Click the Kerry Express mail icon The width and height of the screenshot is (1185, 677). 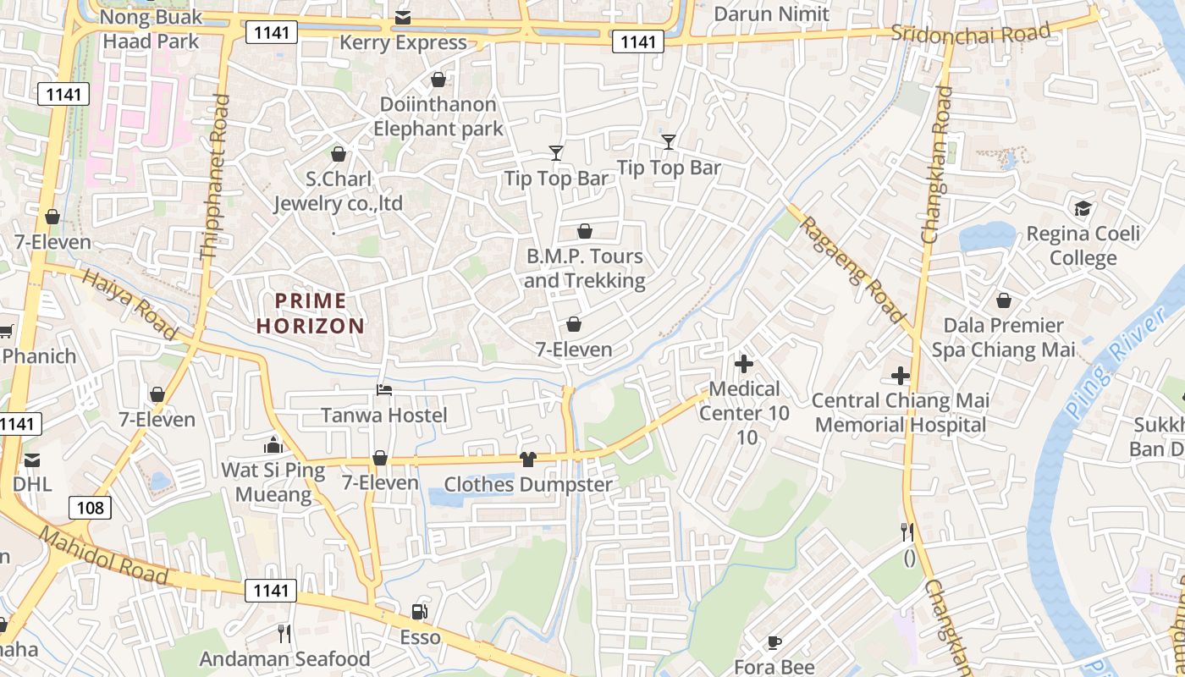pyautogui.click(x=403, y=18)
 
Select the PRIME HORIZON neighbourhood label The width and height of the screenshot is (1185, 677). pyautogui.click(x=311, y=313)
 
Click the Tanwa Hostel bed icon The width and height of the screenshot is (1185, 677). pyautogui.click(x=384, y=390)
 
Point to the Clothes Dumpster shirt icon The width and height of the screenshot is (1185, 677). pyautogui.click(x=528, y=460)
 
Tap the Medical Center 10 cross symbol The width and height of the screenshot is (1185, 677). pyautogui.click(x=744, y=364)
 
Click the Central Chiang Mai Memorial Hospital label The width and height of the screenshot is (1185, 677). pyautogui.click(x=901, y=412)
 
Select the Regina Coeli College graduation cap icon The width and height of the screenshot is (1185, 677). pyautogui.click(x=1083, y=209)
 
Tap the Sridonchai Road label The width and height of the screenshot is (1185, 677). pyautogui.click(x=970, y=33)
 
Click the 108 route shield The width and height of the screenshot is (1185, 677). pyautogui.click(x=89, y=508)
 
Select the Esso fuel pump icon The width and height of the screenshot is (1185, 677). pyautogui.click(x=419, y=611)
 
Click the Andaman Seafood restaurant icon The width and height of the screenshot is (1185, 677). pyautogui.click(x=284, y=633)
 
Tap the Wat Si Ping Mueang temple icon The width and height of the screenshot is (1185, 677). pyautogui.click(x=273, y=444)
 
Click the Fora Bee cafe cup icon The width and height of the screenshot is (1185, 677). pyautogui.click(x=774, y=642)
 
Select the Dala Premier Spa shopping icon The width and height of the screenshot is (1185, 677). pyautogui.click(x=1003, y=300)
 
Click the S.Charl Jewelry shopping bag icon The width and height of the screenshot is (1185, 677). pyautogui.click(x=339, y=154)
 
